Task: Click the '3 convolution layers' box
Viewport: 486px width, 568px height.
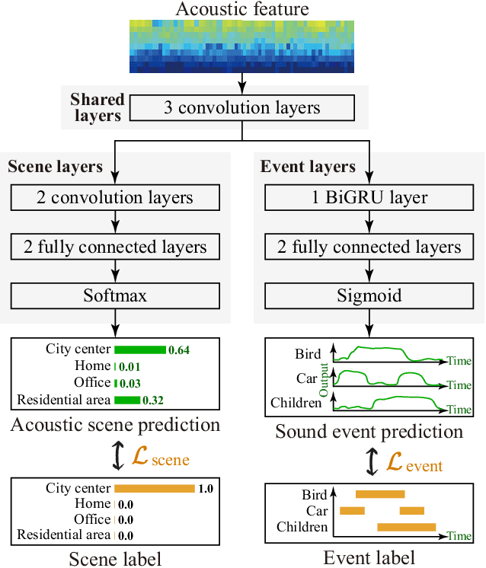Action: pos(243,107)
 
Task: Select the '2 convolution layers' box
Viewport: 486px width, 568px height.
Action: pos(114,198)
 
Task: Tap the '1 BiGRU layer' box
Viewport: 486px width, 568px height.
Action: pos(371,198)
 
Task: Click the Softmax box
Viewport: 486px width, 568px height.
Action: pos(114,295)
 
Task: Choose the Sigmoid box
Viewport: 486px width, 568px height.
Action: pos(371,295)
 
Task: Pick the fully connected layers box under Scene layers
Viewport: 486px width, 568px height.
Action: pos(114,247)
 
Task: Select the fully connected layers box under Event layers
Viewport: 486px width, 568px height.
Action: pos(371,247)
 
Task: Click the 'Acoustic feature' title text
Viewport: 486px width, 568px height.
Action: pos(243,9)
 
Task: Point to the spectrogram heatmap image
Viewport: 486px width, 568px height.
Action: pos(243,46)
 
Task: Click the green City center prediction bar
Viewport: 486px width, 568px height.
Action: pos(140,349)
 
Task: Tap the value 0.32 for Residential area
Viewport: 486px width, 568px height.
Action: pos(155,400)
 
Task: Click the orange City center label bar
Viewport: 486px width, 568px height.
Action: pos(154,489)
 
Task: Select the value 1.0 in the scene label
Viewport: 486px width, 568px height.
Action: pos(206,489)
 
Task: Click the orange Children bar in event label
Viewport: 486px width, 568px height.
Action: pos(407,527)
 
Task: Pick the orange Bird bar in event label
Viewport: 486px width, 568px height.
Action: pos(380,495)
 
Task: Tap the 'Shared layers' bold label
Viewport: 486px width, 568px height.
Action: pos(96,107)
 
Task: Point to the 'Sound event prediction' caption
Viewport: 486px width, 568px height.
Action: pos(369,432)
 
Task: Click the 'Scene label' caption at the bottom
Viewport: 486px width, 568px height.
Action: pos(115,558)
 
